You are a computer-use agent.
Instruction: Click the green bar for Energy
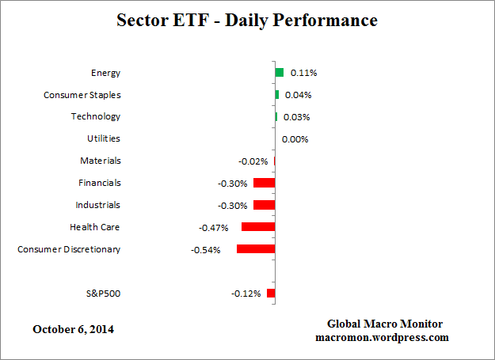click(x=279, y=72)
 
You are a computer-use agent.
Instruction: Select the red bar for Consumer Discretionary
click(x=256, y=249)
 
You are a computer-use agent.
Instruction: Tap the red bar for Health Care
click(x=258, y=227)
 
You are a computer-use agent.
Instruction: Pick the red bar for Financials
click(x=264, y=183)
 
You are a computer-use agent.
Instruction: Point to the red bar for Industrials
click(x=264, y=205)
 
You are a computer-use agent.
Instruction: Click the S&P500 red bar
click(x=271, y=294)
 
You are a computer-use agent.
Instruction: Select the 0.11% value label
click(x=303, y=73)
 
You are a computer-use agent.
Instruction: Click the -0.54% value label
click(x=206, y=250)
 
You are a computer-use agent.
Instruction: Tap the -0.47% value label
click(x=214, y=228)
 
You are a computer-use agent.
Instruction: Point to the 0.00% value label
click(x=295, y=139)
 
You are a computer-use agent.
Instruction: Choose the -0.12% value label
click(x=246, y=294)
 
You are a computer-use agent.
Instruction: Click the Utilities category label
click(x=104, y=138)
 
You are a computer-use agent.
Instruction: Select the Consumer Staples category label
click(x=82, y=95)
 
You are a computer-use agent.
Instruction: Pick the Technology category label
click(x=94, y=116)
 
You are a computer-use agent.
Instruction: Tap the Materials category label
click(x=101, y=161)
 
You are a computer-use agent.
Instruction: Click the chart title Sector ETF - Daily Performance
click(x=248, y=20)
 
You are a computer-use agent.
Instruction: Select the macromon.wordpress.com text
click(x=384, y=337)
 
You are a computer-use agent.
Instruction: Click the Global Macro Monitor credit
click(x=384, y=324)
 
